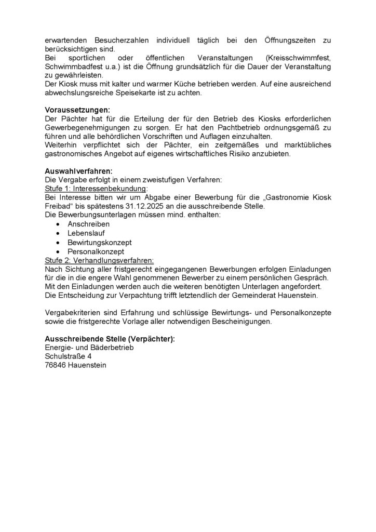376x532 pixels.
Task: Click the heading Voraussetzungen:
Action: pos(77,110)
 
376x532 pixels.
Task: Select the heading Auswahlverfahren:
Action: pos(79,170)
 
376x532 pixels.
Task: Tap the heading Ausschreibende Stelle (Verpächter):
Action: pos(110,339)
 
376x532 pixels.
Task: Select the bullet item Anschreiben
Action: pos(88,224)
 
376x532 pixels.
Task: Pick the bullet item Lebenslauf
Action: pos(86,233)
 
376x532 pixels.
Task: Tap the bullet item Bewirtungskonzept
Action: pos(99,243)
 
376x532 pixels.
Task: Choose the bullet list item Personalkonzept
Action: pos(96,251)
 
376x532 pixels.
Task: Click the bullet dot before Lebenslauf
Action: pos(58,234)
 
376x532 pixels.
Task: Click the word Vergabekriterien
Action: pos(76,314)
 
